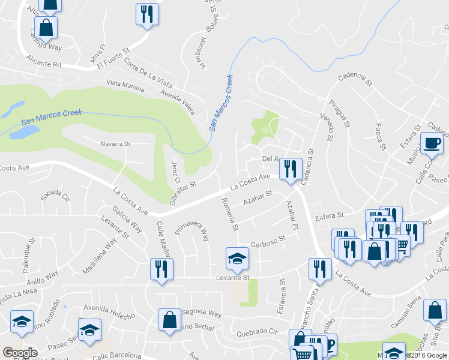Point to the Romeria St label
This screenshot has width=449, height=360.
click(230, 215)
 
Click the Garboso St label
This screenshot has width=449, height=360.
click(268, 241)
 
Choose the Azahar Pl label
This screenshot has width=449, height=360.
click(292, 217)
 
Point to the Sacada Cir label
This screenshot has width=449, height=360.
click(55, 196)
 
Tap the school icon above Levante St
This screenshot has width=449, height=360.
click(237, 259)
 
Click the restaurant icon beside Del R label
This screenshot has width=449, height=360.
click(291, 169)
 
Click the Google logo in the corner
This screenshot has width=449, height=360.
click(20, 353)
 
